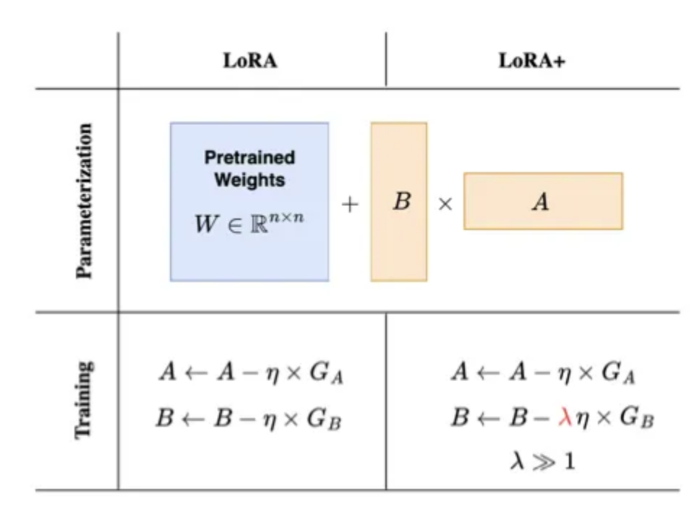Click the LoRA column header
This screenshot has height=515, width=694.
[x=250, y=61]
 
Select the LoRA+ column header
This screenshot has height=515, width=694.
[x=532, y=61]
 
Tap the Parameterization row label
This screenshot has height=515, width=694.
[x=85, y=201]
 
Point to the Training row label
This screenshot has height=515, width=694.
[x=85, y=399]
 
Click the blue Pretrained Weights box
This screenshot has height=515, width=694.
[x=249, y=201]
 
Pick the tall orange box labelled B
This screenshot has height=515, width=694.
[x=399, y=201]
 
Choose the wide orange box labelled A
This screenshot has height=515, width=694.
[x=543, y=201]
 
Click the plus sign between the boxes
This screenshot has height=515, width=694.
[x=350, y=204]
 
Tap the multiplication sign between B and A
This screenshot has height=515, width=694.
[x=445, y=205]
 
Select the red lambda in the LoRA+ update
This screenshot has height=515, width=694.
[x=565, y=418]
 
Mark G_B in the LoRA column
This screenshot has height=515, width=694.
[x=326, y=420]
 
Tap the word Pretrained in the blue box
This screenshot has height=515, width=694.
[x=249, y=157]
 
